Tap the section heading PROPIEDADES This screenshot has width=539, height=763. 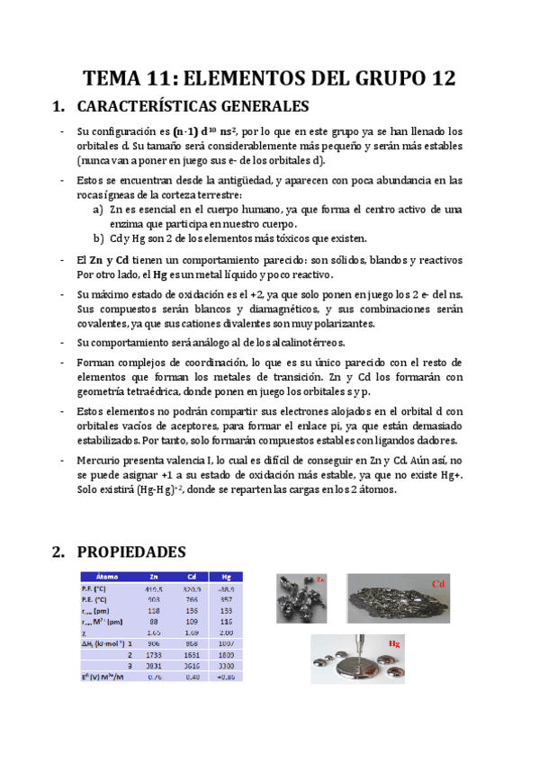pos(133,552)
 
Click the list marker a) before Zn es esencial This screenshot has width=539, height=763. pos(98,209)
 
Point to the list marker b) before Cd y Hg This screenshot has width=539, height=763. pos(98,238)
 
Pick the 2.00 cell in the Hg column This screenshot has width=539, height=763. pos(226,633)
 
